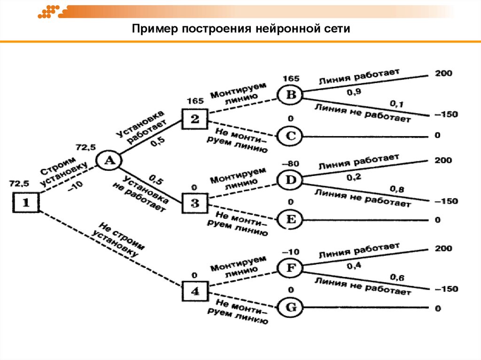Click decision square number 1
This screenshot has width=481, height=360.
[26, 203]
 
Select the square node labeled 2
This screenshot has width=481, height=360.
[194, 119]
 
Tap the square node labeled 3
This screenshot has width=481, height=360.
[194, 203]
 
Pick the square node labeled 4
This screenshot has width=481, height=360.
[194, 291]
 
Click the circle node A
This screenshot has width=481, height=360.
[109, 160]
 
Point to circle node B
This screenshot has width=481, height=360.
[291, 95]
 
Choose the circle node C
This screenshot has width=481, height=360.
[291, 136]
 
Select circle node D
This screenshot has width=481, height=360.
[291, 179]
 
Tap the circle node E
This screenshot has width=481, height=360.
[291, 219]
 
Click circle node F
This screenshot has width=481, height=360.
[291, 268]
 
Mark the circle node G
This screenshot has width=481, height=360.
[291, 308]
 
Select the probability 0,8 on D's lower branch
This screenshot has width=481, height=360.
[397, 189]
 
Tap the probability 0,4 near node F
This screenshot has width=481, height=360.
[354, 266]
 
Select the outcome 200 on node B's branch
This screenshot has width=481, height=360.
[443, 73]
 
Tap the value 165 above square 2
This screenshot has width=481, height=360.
[194, 100]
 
